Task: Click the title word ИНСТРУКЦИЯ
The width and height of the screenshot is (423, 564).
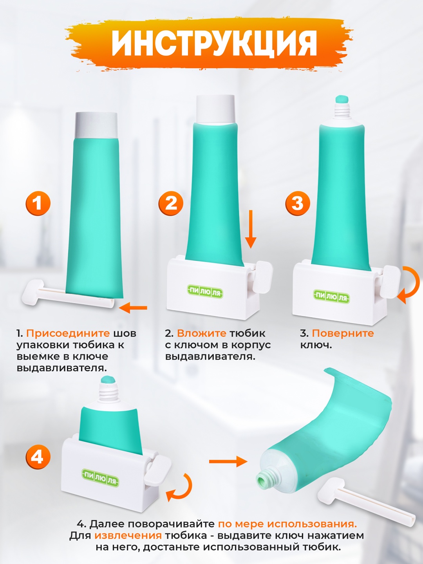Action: click(214, 43)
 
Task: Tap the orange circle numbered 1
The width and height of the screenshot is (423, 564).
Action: click(38, 203)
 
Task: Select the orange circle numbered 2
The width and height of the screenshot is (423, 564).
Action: click(171, 203)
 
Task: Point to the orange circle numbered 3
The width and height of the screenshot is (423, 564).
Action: click(297, 203)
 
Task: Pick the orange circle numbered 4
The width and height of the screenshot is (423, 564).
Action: click(38, 457)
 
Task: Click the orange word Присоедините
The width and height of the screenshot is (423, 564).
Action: click(68, 334)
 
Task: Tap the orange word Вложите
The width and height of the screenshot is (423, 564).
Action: click(202, 333)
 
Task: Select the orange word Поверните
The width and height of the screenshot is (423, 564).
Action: click(343, 334)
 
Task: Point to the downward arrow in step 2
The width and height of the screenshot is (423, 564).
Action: click(251, 229)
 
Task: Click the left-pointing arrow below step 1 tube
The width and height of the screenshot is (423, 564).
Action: click(134, 308)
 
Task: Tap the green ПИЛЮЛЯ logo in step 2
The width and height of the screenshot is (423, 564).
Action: click(204, 293)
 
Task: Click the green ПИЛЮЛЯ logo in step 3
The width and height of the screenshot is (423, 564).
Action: click(331, 297)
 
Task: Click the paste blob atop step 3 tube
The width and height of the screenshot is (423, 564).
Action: click(342, 99)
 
